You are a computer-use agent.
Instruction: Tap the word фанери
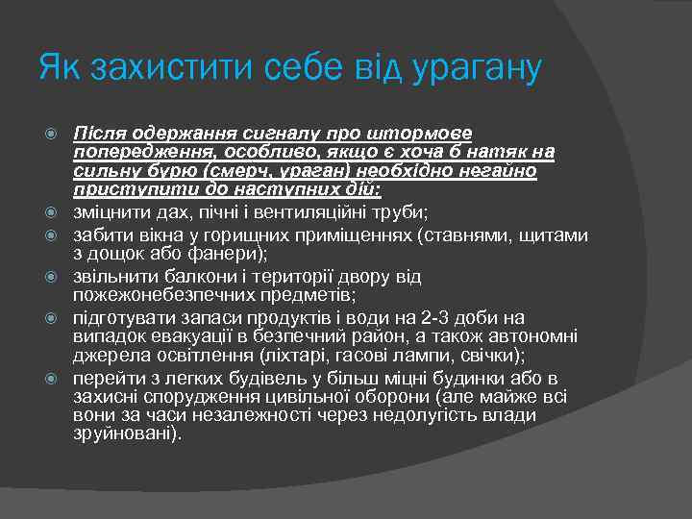[x=213, y=255]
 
